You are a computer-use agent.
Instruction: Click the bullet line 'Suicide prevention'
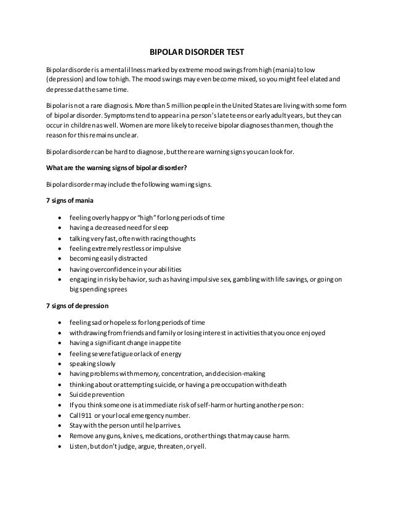[x=97, y=394]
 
